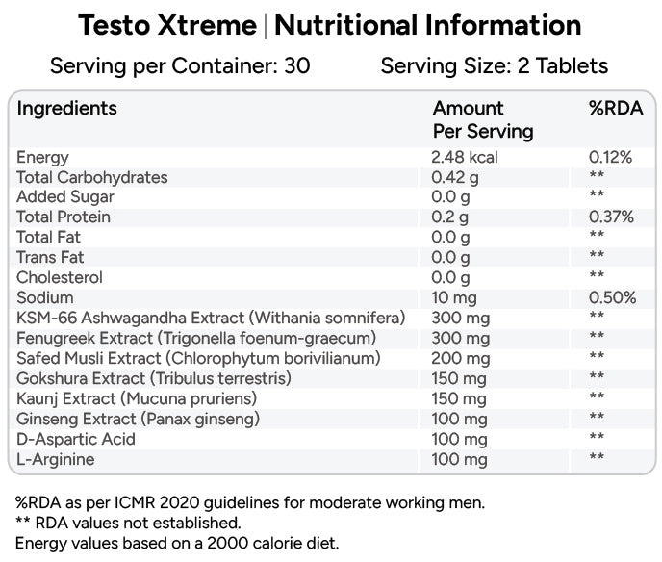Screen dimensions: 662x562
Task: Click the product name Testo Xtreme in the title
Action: coord(167,25)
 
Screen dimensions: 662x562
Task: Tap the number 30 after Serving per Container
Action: coord(297,65)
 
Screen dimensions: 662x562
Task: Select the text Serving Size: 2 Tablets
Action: coord(495,65)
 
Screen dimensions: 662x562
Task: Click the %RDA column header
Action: coord(616,108)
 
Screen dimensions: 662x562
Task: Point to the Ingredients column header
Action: coord(66,109)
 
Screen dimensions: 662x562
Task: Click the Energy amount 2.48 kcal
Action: coord(465,157)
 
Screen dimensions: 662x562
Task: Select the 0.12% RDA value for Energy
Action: coord(610,157)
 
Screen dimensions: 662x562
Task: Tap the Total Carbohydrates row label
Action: coord(92,178)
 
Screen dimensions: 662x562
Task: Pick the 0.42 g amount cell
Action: coord(455,178)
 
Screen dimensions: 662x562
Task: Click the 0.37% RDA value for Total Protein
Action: coord(611,217)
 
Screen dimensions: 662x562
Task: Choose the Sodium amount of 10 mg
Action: coord(454,298)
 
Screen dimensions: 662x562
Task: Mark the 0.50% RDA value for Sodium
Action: coord(612,297)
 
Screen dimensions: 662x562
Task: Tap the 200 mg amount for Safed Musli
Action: coord(461,359)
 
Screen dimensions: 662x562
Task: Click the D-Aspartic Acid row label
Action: coord(76,439)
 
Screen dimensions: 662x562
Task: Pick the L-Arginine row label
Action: coord(55,459)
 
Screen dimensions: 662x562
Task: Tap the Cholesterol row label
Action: coord(60,277)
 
